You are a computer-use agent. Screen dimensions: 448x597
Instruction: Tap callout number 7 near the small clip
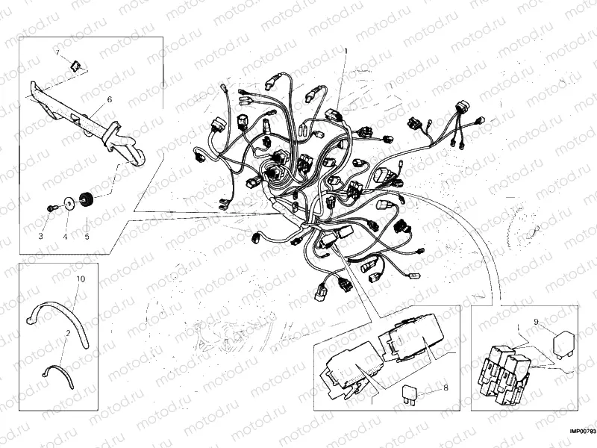[x=56, y=52]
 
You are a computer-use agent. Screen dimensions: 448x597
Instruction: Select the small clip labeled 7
[x=75, y=64]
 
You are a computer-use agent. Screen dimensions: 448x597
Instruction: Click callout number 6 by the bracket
[x=109, y=99]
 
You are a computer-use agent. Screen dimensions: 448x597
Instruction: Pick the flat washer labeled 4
[x=69, y=201]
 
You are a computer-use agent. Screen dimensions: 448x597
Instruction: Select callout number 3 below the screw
[x=42, y=236]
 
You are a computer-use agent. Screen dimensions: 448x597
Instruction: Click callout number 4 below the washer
[x=65, y=236]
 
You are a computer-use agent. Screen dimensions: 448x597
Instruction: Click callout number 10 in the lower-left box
[x=81, y=279]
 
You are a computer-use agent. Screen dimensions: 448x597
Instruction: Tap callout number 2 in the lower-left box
[x=68, y=332]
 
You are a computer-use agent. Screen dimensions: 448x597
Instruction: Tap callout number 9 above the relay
[x=535, y=322]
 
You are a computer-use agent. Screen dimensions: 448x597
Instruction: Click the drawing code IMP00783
[x=582, y=432]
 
